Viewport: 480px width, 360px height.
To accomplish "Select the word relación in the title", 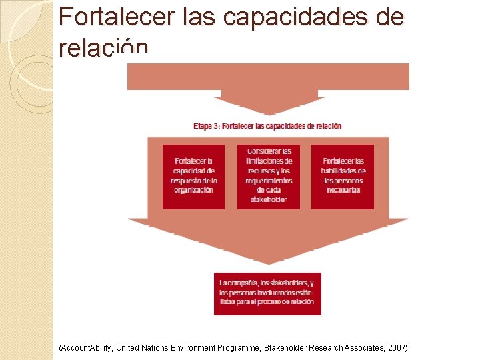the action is coord(103,49).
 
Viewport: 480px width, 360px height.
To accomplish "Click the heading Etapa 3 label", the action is coord(207,126).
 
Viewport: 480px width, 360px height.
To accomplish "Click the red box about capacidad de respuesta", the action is coord(193,177).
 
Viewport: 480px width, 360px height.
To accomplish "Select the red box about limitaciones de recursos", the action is coord(269,177).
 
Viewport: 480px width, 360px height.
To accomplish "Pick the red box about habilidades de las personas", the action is coord(343,177).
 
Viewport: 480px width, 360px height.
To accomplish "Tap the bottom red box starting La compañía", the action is coord(267,293).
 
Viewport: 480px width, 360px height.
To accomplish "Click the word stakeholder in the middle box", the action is coord(269,199).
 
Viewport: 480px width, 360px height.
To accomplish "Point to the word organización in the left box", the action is coord(193,190).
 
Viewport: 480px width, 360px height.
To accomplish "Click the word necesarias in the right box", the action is coord(343,190).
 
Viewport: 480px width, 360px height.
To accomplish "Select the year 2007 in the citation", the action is coord(395,348).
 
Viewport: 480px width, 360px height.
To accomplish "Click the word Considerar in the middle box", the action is coord(269,151).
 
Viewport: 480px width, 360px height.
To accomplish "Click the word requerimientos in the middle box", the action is coord(269,180).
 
